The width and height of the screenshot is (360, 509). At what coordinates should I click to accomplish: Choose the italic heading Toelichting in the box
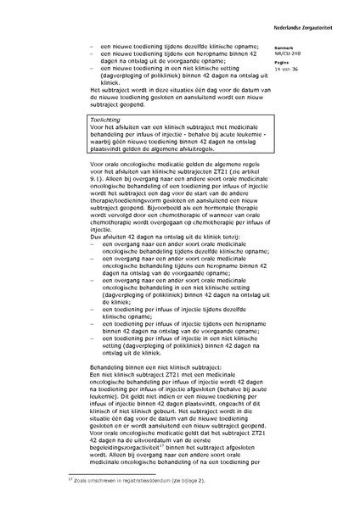coord(109,121)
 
